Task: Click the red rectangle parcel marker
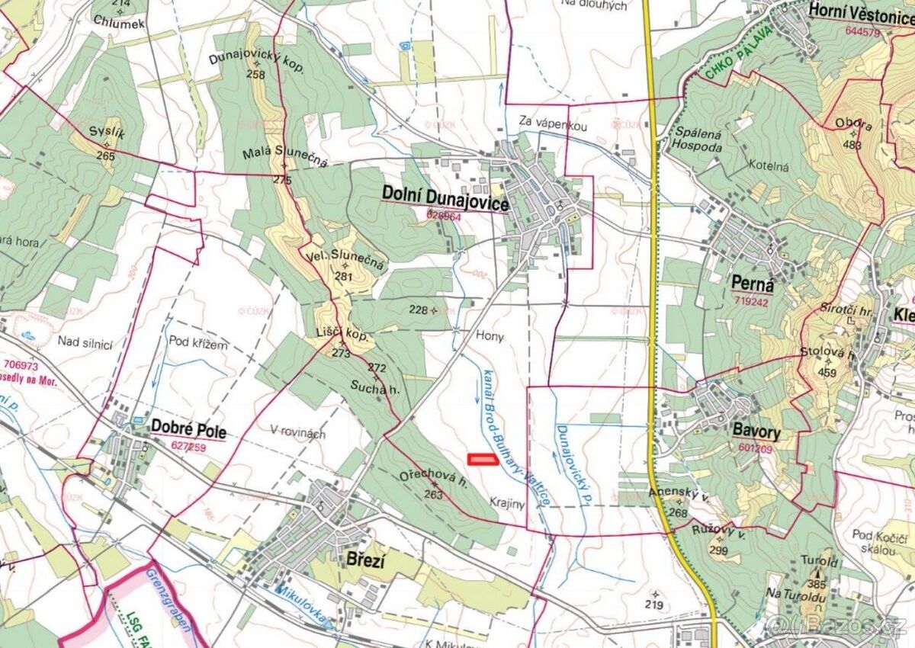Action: pyautogui.click(x=481, y=459)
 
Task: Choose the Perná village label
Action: pyautogui.click(x=752, y=284)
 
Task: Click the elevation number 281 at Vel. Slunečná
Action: pyautogui.click(x=344, y=277)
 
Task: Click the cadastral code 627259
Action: pyautogui.click(x=188, y=447)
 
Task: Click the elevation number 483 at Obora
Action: pyautogui.click(x=852, y=145)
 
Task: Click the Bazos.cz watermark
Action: pyautogui.click(x=840, y=627)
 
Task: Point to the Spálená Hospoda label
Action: pyautogui.click(x=697, y=138)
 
